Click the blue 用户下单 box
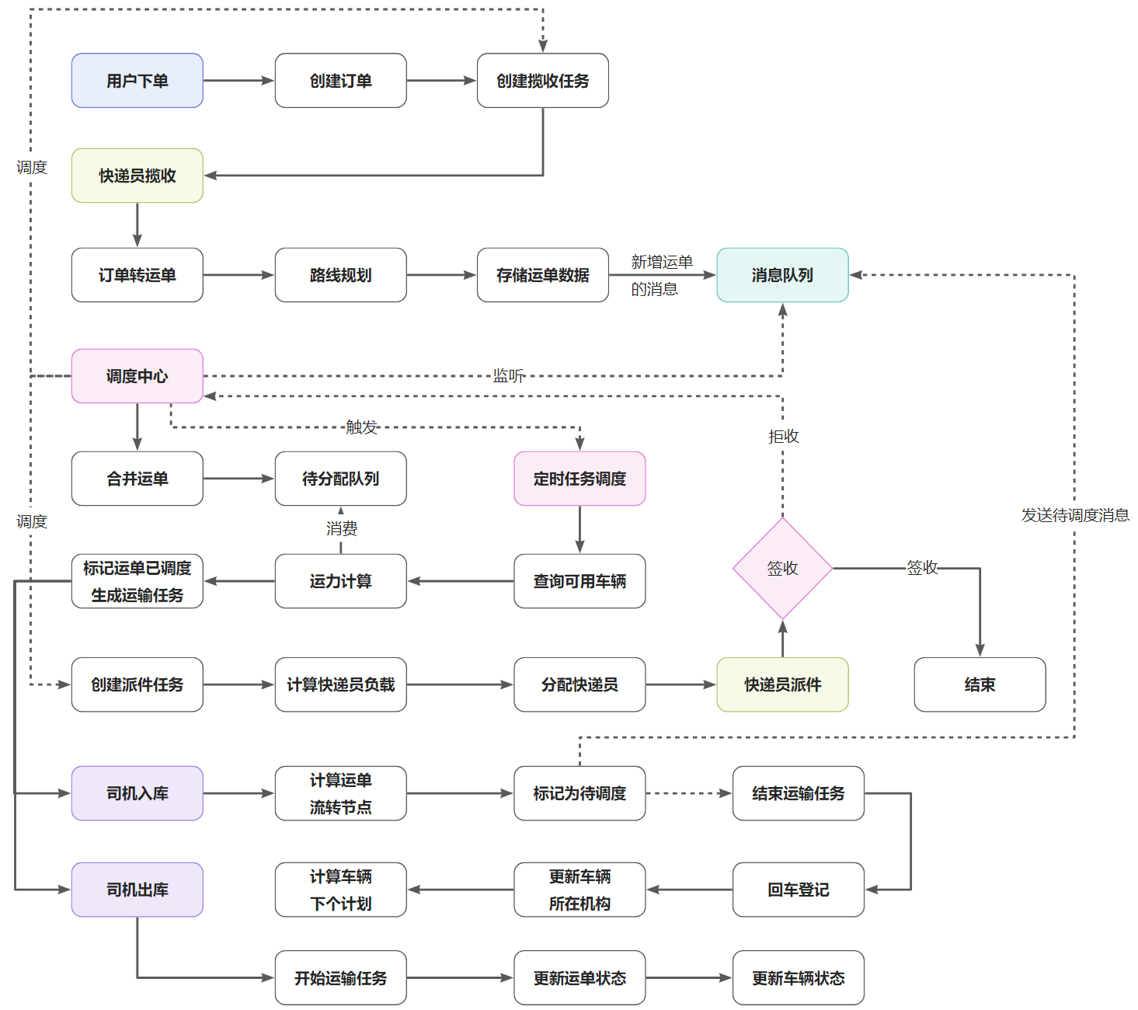[137, 80]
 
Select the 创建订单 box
[340, 80]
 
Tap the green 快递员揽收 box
[137, 176]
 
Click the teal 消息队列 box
[782, 275]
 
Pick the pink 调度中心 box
[137, 376]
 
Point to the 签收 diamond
[782, 568]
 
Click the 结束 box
[979, 684]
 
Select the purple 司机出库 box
[137, 890]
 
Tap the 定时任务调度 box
[579, 478]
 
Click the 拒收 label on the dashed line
[783, 436]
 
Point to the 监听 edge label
[508, 375]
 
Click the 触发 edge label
[361, 427]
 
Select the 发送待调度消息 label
[1074, 514]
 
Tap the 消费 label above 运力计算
[341, 528]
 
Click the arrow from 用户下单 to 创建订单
[238, 80]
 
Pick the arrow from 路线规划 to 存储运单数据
[441, 275]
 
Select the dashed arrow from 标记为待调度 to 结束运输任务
[689, 792]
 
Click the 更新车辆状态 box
[798, 977]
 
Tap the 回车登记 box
[798, 890]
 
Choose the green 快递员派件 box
[782, 684]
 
